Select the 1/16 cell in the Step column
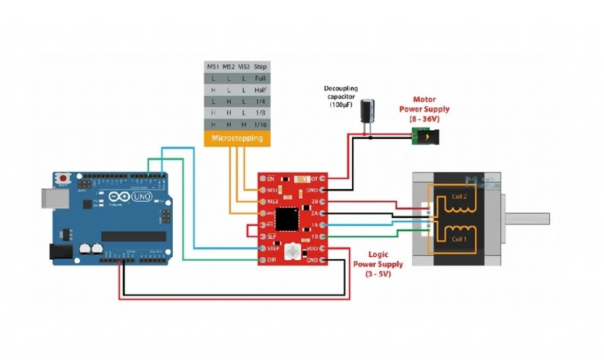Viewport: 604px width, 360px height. tap(260, 125)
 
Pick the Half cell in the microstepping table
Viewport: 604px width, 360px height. tap(260, 90)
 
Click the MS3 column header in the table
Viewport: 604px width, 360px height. tap(244, 66)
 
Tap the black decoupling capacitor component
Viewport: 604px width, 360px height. tap(369, 110)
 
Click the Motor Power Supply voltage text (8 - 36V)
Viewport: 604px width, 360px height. tap(425, 119)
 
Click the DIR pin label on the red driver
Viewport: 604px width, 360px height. tap(272, 260)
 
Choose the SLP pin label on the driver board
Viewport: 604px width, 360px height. tap(272, 237)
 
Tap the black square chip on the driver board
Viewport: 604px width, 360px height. tap(287, 218)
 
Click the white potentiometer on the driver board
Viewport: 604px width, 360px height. tap(292, 252)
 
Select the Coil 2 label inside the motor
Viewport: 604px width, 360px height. tap(459, 197)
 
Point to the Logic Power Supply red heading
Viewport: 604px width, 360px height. tap(378, 260)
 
